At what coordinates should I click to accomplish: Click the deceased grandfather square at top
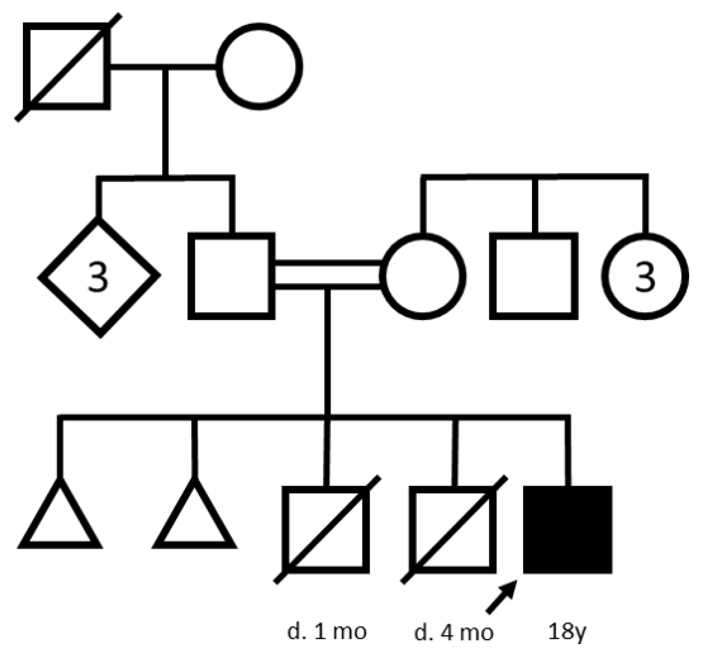tap(66, 66)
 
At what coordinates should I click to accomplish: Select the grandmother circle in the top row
tap(260, 66)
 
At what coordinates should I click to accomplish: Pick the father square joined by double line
tap(231, 276)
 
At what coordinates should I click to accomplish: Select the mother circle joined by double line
tap(423, 276)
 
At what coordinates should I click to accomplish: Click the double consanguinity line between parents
tap(328, 276)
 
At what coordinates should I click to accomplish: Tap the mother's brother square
tap(534, 276)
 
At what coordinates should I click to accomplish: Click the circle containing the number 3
tap(645, 276)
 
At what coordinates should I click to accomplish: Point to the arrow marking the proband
tap(502, 597)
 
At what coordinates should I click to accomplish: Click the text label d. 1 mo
tap(327, 632)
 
